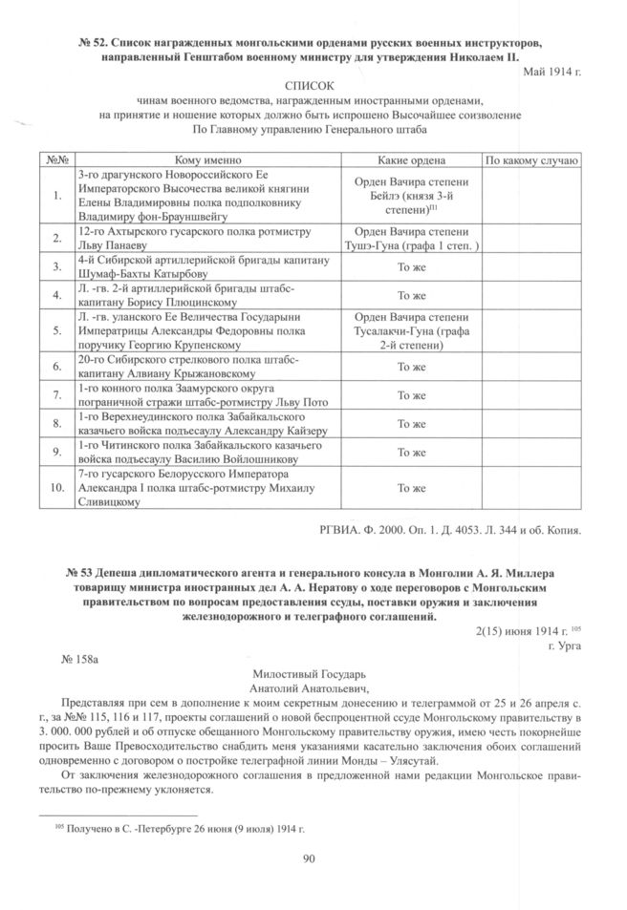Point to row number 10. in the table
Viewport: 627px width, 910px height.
pyautogui.click(x=56, y=487)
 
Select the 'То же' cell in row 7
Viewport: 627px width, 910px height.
pyautogui.click(x=411, y=395)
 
